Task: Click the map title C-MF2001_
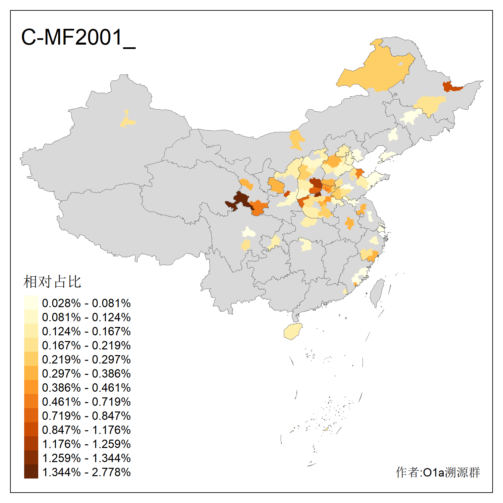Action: tap(78, 38)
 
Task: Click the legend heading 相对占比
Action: tap(52, 282)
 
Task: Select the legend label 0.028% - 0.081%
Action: tap(86, 303)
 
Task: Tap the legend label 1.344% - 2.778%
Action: tap(86, 472)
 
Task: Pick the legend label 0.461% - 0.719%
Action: tap(86, 402)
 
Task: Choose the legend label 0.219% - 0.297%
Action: tap(86, 359)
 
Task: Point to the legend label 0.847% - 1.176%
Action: tap(86, 430)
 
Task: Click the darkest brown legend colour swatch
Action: tap(31, 472)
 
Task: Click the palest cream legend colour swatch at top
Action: tap(31, 302)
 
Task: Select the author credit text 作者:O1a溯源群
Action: tap(438, 472)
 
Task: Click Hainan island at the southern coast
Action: tap(293, 331)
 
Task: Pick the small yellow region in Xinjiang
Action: tap(127, 121)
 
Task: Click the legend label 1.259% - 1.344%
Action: tap(86, 458)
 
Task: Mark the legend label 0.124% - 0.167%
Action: tap(86, 331)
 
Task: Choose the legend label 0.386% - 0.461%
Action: tap(86, 388)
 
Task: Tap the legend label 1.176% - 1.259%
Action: tap(86, 444)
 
